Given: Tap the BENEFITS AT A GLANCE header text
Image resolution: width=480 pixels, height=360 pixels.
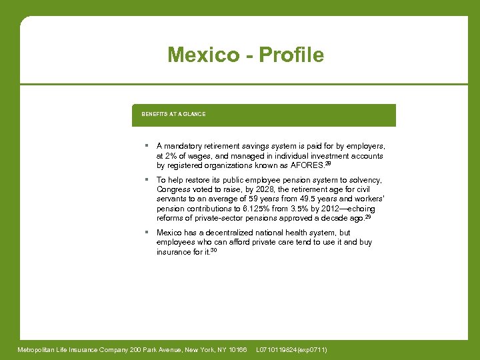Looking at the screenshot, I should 173,114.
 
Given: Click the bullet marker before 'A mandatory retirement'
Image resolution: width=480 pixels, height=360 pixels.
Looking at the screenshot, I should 145,145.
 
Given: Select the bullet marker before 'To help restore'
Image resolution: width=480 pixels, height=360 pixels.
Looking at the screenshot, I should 145,180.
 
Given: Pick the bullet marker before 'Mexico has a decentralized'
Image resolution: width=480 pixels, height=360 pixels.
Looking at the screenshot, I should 145,233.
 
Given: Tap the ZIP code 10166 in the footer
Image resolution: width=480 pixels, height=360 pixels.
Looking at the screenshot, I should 236,350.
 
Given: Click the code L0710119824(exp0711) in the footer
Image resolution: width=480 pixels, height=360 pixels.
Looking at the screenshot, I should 291,350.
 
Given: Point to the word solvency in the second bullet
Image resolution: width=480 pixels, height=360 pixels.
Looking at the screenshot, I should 366,180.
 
